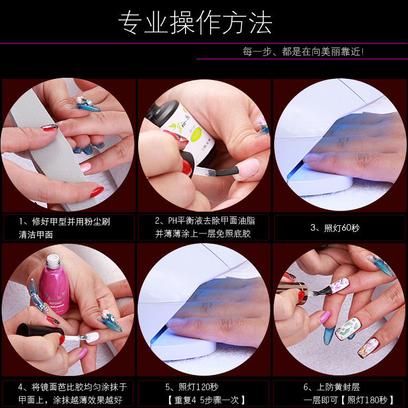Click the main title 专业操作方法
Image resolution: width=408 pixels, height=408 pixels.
[195, 22]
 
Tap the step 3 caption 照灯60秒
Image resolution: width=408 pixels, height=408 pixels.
[335, 228]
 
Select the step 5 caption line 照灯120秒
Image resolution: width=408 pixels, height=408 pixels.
[192, 387]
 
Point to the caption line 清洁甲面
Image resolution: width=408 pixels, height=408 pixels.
[36, 234]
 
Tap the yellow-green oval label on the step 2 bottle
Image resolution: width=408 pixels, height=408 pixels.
[195, 134]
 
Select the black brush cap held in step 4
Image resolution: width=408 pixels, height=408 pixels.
[40, 330]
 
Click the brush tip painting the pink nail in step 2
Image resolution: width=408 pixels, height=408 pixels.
[226, 172]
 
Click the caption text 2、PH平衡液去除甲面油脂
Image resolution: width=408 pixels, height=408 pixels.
[205, 221]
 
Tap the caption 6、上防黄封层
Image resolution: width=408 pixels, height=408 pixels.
[331, 387]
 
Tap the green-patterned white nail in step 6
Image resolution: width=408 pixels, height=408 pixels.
[348, 329]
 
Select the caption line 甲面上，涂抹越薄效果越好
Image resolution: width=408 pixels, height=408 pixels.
[71, 400]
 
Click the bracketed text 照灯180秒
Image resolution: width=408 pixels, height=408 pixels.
[367, 400]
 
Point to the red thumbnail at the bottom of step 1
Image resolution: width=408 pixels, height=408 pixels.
[97, 192]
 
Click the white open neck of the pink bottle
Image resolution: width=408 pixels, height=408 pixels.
[53, 259]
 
